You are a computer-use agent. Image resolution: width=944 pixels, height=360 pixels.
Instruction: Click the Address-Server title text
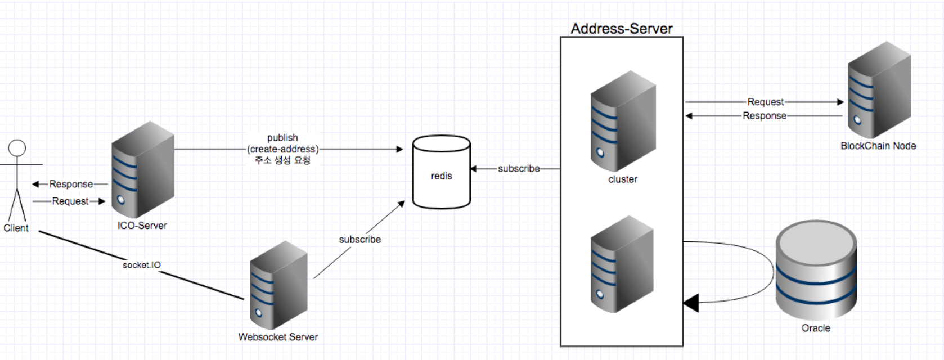pos(622,29)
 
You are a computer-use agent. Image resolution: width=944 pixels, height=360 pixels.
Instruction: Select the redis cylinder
pos(442,172)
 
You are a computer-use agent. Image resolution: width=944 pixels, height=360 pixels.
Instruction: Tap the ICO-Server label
pos(142,226)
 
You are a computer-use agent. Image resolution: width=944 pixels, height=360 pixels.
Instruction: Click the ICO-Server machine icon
pos(142,170)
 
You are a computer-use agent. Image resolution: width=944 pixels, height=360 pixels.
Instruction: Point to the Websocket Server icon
pos(278,286)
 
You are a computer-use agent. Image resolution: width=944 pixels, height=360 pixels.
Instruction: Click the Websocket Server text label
pos(278,337)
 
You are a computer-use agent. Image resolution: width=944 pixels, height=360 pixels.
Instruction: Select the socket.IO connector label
pos(142,265)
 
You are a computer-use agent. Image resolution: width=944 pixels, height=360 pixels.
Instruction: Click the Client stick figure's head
pos(17,148)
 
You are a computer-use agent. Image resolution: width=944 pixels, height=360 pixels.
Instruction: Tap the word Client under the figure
pos(16,228)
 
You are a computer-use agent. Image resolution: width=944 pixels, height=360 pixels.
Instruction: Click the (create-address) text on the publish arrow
pos(282,149)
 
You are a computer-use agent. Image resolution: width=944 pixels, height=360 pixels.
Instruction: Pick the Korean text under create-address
pos(282,160)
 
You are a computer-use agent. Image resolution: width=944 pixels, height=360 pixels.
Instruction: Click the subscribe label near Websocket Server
pos(360,240)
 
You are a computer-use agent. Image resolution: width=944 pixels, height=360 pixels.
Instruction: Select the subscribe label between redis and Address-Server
pos(519,169)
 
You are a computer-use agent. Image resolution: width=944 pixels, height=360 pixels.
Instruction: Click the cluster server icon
pos(623,121)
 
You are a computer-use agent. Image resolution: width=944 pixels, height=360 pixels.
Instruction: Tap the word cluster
pos(623,179)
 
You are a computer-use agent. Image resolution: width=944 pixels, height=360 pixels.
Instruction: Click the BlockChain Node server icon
pos(879,90)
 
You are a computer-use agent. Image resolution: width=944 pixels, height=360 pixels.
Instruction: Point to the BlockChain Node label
pos(878,146)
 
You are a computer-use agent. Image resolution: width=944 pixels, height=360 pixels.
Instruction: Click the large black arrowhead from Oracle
pos(691,303)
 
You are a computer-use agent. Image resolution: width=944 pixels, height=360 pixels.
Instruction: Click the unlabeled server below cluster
pos(622,264)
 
